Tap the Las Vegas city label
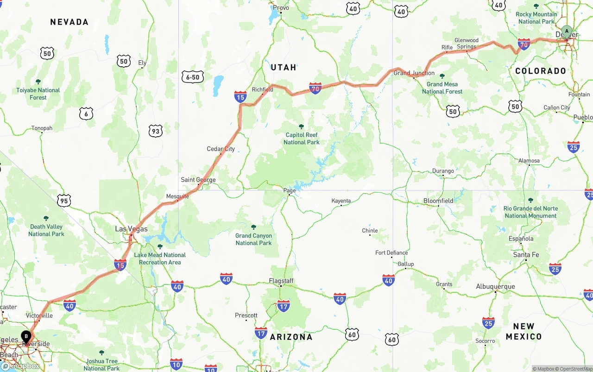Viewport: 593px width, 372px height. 131,229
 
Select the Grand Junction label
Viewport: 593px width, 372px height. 414,73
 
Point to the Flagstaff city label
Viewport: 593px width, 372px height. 281,281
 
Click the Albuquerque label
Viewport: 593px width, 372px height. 495,286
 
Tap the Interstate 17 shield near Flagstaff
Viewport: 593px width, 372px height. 283,306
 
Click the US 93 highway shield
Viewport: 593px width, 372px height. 156,132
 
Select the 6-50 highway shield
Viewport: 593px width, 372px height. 192,77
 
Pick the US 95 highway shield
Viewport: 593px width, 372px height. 64,201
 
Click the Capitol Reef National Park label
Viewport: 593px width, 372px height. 302,139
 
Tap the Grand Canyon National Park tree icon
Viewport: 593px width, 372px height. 253,227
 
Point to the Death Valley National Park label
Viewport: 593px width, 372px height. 46,230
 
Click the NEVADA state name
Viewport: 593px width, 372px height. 69,22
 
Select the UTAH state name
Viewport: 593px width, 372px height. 283,67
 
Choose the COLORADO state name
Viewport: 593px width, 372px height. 541,71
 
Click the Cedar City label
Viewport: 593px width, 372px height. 221,149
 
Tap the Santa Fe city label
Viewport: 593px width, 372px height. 526,255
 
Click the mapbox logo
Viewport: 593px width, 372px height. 20,366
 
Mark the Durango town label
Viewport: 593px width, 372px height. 443,171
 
